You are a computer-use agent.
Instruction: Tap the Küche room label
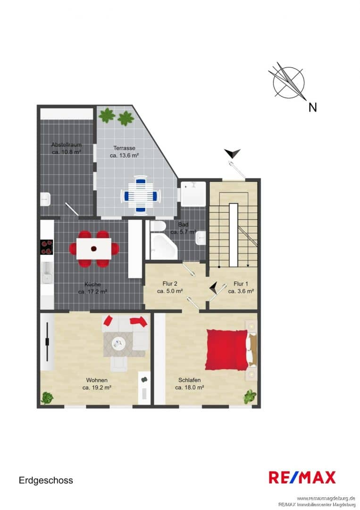pos(92,284)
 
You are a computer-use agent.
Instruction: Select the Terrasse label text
pos(124,148)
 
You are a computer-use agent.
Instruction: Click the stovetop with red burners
pos(46,247)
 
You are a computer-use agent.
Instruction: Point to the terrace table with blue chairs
pos(140,195)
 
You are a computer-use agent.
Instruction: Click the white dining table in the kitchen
pos(94,248)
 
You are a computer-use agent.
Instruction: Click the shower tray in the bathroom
pos(193,194)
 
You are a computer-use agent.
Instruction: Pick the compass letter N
pos(312,107)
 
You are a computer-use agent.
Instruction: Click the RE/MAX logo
pos(302,478)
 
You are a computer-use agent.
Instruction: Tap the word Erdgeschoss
pos(46,480)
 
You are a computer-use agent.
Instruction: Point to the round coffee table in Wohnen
pos(118,343)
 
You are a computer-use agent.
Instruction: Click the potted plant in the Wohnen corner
pos(48,398)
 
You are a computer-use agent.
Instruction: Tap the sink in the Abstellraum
pos(45,199)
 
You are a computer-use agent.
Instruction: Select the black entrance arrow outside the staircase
pos(232,153)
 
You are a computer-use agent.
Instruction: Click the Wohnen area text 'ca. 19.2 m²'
pos(97,387)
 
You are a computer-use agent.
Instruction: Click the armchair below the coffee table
pos(119,364)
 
